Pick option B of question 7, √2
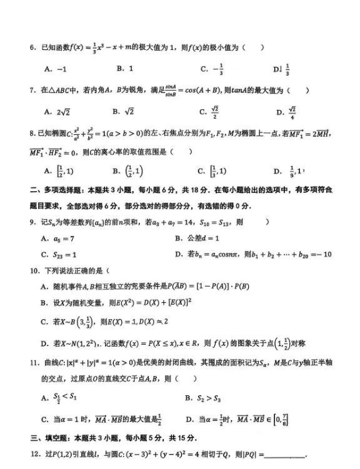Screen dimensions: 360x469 124,112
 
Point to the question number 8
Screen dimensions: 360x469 32,133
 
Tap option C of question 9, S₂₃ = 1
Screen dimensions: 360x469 59,255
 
